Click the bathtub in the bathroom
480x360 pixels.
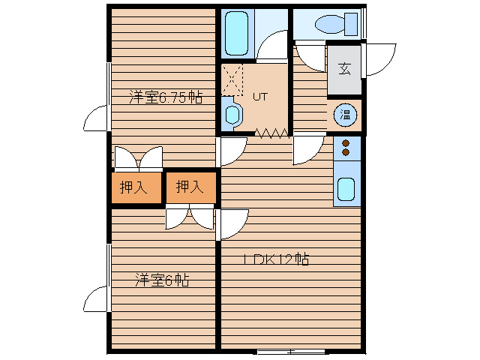coord(236,33)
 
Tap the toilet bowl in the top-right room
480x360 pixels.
coord(330,25)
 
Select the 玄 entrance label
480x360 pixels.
coord(345,69)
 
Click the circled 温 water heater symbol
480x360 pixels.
coord(345,115)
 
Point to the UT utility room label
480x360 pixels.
coord(260,97)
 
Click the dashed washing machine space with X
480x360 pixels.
coord(232,79)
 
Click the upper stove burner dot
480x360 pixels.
coord(346,143)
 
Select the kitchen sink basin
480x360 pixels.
coord(346,189)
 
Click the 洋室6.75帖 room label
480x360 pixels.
coord(166,97)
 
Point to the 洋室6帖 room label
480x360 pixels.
coord(162,280)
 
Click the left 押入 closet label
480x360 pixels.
coord(133,187)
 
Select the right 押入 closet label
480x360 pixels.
coord(190,187)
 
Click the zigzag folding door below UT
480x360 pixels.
coord(271,133)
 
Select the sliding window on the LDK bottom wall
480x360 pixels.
coord(291,351)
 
